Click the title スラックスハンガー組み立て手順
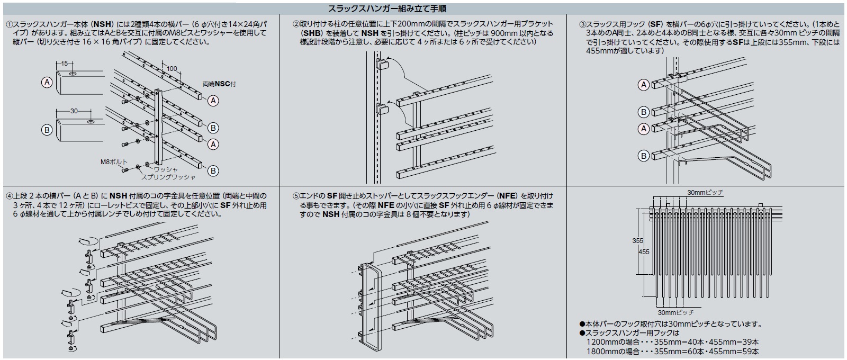coord(389,9)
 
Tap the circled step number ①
coord(9,24)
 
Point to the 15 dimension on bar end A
coord(64,63)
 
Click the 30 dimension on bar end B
coord(75,111)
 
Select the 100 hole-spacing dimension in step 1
coord(172,69)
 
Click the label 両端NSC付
coord(219,84)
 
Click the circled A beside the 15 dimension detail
coord(47,82)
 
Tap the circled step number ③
coord(582,24)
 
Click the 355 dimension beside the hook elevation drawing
coord(638,241)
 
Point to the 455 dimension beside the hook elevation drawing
coord(644,252)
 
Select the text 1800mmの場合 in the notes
coord(609,351)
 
